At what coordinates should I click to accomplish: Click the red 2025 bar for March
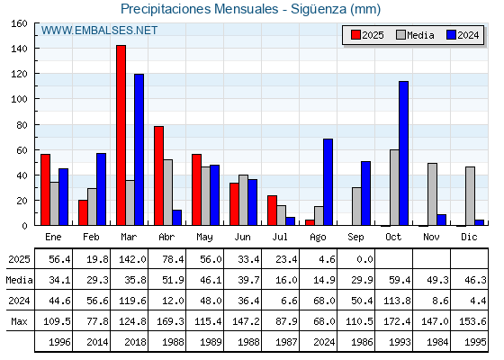tap(121, 135)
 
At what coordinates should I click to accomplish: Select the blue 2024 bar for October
tap(404, 153)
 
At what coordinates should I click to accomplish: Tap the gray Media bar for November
tap(432, 194)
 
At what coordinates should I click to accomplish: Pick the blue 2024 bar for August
tap(328, 182)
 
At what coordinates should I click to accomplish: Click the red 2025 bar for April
tap(158, 175)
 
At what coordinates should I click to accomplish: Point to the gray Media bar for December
tap(470, 196)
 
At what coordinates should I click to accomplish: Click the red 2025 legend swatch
tap(355, 35)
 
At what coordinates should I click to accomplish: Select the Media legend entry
tap(415, 35)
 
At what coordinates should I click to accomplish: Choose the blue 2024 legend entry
tap(463, 35)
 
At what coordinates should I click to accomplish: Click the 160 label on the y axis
tap(19, 23)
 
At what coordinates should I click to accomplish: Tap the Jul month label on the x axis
tap(280, 238)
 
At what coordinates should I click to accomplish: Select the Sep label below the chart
tap(355, 238)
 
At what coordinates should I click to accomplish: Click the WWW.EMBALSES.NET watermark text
tap(99, 31)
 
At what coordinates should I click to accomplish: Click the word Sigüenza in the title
tap(319, 9)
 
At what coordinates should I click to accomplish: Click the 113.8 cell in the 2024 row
tap(397, 301)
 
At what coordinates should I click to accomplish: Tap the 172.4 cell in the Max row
tap(397, 321)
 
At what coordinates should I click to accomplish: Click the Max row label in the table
tap(19, 321)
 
